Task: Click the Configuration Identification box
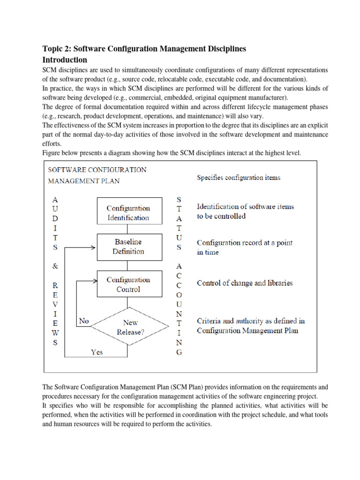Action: click(x=128, y=213)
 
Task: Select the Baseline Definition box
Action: click(x=128, y=247)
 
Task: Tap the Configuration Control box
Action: click(x=128, y=285)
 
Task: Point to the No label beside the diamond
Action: click(x=84, y=322)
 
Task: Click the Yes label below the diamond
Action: click(x=97, y=352)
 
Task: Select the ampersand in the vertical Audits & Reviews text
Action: click(x=55, y=265)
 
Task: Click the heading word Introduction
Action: click(x=65, y=60)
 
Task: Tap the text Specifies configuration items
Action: click(x=239, y=178)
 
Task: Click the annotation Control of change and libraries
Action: click(x=245, y=283)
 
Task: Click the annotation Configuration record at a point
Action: click(x=244, y=243)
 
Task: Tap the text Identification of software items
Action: click(x=245, y=207)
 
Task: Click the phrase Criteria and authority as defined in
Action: click(x=251, y=321)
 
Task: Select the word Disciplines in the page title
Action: click(x=223, y=49)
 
